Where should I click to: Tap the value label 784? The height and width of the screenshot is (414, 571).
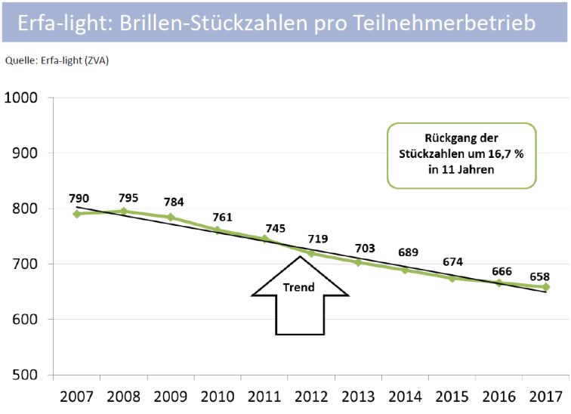(x=174, y=202)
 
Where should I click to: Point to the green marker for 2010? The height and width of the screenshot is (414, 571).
(x=218, y=230)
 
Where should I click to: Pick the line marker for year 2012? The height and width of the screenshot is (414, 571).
(x=310, y=253)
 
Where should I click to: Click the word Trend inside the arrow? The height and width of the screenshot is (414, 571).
(x=299, y=287)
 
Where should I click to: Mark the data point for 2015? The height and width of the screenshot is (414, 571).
(x=452, y=278)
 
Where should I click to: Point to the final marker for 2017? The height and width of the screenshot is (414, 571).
(x=545, y=287)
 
